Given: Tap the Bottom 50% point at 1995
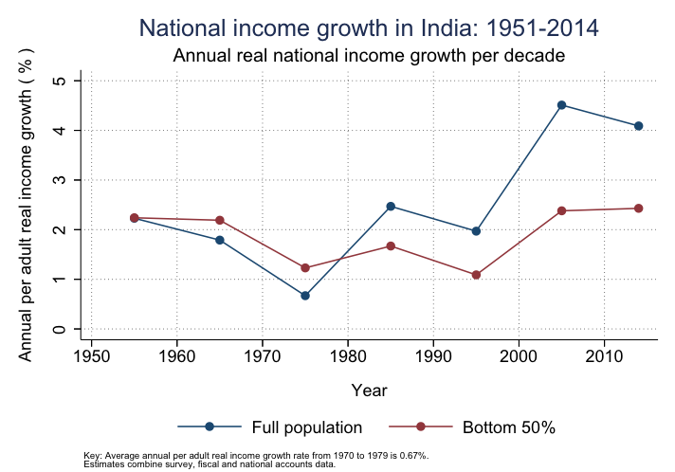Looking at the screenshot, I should coord(476,275).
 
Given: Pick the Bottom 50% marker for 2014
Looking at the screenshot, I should coord(639,209).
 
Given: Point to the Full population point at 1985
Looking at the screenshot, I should coord(391,207).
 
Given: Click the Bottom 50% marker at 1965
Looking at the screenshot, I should coord(220,220).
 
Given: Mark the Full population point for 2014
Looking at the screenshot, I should coord(639,126).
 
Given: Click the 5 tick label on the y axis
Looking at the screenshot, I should coord(60,81).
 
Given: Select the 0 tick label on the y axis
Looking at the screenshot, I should coord(60,329).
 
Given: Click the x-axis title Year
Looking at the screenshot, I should coord(369,390).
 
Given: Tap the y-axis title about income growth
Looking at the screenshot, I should coord(27,204).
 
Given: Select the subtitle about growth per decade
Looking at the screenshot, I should coord(369,55).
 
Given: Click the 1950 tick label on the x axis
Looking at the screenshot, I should coord(91,356).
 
